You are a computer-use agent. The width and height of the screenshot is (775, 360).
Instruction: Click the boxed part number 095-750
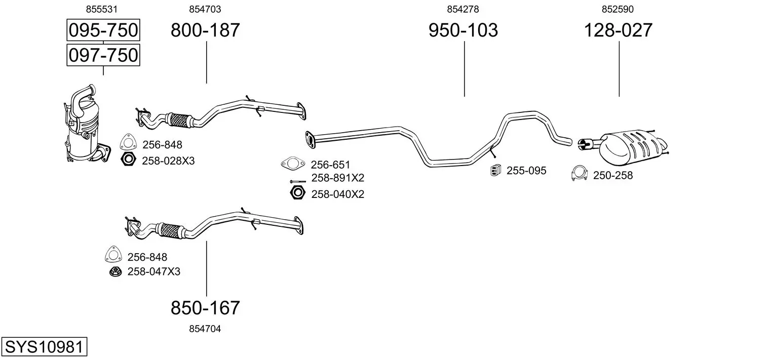[x=103, y=30]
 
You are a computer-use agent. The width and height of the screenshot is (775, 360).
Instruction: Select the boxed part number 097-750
[x=103, y=55]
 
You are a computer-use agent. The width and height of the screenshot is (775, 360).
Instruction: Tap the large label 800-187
[x=205, y=30]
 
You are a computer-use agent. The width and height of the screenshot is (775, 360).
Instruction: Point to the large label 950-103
[x=463, y=30]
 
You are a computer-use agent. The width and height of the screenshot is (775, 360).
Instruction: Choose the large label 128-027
[x=618, y=30]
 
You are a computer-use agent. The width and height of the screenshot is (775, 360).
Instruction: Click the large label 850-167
[x=205, y=307]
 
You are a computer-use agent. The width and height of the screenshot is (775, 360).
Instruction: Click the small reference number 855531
[x=103, y=9]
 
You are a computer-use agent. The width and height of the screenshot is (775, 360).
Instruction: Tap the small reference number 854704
[x=205, y=329]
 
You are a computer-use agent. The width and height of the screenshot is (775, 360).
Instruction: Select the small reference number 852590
[x=618, y=9]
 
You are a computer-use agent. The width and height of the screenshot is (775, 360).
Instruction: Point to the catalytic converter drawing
[x=85, y=127]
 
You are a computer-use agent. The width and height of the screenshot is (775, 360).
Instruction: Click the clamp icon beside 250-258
[x=579, y=173]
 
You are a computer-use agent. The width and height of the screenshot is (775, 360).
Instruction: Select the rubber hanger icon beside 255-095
[x=495, y=171]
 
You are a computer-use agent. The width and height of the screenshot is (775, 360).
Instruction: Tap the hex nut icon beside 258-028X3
[x=128, y=160]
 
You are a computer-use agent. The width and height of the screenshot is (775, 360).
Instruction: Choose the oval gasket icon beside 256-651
[x=292, y=164]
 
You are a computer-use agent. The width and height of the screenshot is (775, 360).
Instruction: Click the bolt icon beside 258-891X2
[x=297, y=181]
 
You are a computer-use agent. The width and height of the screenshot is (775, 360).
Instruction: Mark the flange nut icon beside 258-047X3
[x=116, y=272]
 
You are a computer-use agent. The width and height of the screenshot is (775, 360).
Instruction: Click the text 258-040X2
[x=337, y=194]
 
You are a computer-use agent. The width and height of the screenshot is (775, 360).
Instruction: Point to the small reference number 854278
[x=463, y=9]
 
